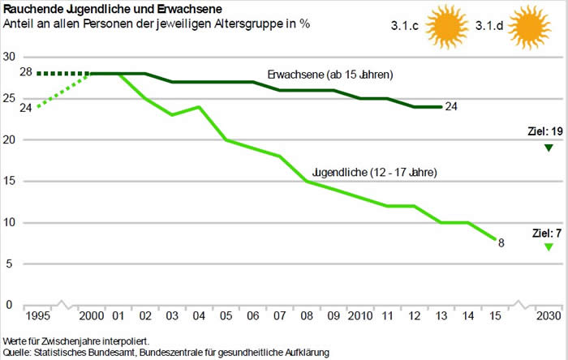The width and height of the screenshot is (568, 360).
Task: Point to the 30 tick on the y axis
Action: [10, 57]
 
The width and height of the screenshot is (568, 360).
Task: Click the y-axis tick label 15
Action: [10, 181]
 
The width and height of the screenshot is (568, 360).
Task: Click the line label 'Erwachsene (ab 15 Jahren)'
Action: [330, 75]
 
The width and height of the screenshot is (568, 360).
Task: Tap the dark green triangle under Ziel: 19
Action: [549, 148]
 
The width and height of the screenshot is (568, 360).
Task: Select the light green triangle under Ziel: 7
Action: [549, 246]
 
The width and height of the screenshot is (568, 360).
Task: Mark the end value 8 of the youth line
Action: [501, 242]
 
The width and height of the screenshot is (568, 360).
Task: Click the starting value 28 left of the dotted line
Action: [25, 73]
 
